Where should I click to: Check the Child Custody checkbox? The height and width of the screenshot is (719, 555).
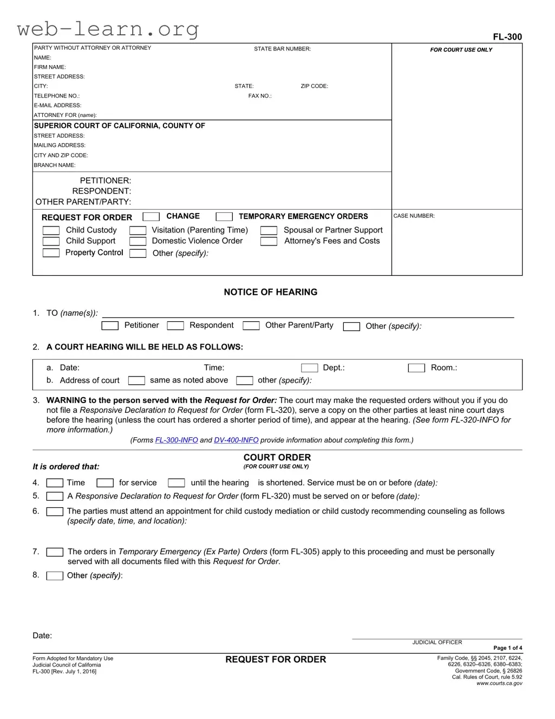pos(51,231)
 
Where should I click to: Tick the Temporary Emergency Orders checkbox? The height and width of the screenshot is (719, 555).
pos(224,217)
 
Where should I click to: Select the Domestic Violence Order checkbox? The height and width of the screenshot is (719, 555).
pos(138,242)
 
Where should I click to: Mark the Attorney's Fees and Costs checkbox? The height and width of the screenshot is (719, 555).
pos(269,242)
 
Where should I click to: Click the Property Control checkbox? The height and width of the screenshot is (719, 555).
pos(51,253)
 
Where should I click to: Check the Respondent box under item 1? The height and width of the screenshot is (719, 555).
pos(175,326)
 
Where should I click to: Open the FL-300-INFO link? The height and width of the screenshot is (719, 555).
pos(177,441)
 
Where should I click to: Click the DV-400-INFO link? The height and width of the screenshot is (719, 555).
pos(236,441)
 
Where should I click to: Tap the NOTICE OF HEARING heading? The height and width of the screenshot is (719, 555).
pos(270,292)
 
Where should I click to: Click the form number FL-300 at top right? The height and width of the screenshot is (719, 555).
pos(507,37)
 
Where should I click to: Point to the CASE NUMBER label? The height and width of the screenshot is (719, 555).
pos(414,216)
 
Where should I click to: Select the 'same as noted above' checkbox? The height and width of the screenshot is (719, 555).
pos(136,381)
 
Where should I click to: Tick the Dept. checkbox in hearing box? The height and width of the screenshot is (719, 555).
pos(309,368)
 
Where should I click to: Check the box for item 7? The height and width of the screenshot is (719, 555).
pos(55,552)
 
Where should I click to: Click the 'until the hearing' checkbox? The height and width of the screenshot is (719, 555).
pos(177,483)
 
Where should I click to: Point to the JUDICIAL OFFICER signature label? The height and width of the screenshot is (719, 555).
pos(437,643)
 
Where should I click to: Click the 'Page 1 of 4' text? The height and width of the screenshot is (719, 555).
pos(507,648)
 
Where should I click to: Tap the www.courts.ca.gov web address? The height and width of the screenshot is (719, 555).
pos(499,684)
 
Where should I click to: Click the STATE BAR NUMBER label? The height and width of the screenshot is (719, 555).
pos(282,49)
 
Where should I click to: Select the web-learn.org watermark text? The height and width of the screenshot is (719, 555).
pos(108,29)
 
